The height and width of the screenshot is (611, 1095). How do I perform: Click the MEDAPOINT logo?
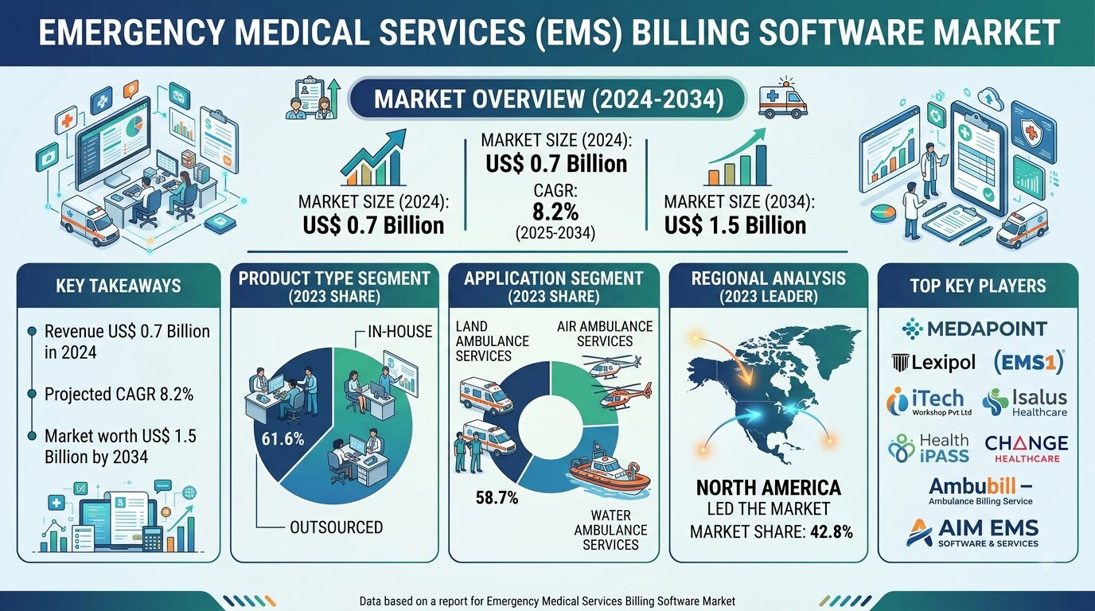974,329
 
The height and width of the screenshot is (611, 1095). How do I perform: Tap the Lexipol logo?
933,362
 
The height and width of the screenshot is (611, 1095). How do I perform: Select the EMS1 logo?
1029,362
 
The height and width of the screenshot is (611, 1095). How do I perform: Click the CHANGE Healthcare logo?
1026,449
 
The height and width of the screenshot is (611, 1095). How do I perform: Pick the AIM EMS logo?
972,532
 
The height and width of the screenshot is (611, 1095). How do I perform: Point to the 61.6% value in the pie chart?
283,439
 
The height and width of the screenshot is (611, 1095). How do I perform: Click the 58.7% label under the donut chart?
497,497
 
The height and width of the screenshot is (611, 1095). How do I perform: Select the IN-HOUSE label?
399,332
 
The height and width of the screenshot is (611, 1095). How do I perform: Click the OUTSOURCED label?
337,527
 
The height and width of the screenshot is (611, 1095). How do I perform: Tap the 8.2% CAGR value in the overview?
555,212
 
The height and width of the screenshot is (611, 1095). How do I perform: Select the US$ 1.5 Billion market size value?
735,225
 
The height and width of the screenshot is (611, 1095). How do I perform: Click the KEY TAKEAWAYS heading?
119,286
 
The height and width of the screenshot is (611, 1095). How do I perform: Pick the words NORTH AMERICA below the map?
769,488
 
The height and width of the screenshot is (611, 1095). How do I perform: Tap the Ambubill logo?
980,491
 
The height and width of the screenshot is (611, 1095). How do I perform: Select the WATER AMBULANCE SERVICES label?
610,530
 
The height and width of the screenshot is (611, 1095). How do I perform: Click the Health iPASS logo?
929,448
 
